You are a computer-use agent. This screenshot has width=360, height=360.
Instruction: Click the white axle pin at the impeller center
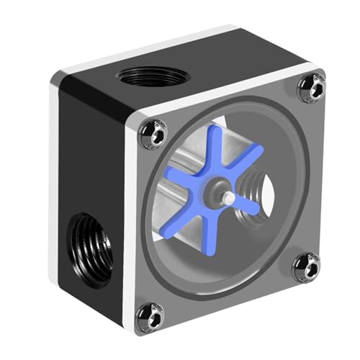click(227, 195)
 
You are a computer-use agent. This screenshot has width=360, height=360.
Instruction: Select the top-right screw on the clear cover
click(310, 87)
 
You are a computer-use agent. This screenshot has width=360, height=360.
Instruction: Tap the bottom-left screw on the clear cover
click(150, 315)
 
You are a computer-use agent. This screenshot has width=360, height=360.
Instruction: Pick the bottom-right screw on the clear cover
click(306, 267)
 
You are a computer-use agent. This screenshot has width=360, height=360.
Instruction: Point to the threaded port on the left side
click(89, 245)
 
